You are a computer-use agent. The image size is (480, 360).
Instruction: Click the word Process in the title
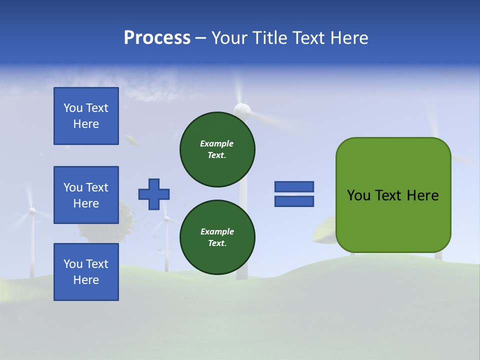157,38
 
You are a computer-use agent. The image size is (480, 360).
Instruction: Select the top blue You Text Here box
86,116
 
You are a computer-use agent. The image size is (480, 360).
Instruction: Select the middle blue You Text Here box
86,195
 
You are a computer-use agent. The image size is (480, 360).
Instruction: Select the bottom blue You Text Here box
86,272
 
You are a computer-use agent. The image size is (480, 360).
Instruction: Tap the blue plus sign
154,194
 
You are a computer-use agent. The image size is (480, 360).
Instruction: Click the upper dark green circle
217,149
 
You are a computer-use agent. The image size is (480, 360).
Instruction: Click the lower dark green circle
217,237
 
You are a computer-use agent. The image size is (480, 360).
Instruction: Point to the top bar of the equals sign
294,186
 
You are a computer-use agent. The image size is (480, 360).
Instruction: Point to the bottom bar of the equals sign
294,201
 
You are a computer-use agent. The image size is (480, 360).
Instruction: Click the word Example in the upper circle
217,143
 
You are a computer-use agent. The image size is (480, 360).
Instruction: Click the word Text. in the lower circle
217,243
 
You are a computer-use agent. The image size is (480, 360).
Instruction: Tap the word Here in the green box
422,195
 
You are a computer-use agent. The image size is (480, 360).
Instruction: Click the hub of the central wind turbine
242,108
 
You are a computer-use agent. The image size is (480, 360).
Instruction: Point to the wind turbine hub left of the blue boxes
32,211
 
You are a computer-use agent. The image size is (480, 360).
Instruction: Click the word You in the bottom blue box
72,264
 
